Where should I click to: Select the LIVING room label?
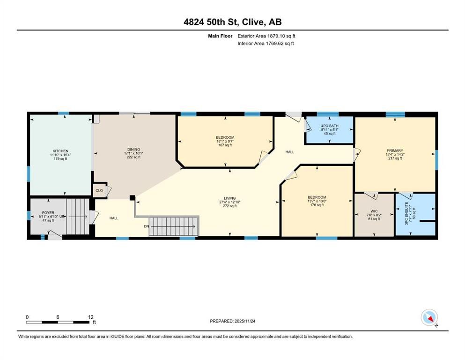(229, 198)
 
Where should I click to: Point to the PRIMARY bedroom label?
(395, 151)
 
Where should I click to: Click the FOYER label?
(49, 212)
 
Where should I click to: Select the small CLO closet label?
(99, 191)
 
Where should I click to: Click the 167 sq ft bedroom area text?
(225, 145)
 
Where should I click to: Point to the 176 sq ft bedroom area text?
(317, 205)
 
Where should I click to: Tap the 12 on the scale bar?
(91, 317)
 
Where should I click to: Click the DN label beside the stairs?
(147, 226)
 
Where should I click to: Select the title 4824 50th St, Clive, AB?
(232, 22)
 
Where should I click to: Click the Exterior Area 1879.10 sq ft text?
(266, 36)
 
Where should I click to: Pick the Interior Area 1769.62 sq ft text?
(266, 43)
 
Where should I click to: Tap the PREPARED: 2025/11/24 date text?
(233, 321)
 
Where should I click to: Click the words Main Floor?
(221, 36)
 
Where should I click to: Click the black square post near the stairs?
(133, 198)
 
